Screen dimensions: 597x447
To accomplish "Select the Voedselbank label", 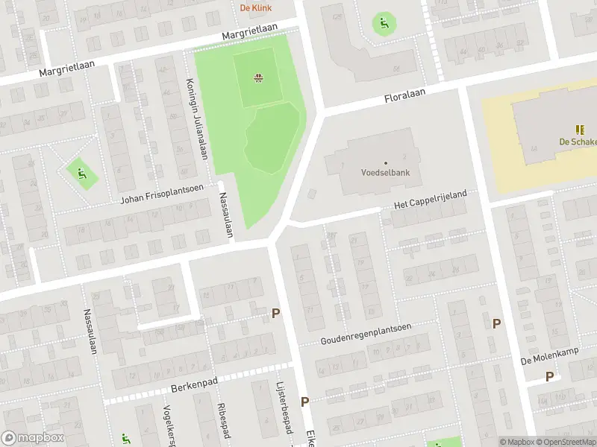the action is click(386, 173).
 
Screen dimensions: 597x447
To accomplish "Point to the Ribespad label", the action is click(222, 421).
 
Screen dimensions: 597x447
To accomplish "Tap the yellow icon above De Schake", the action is click(581, 130).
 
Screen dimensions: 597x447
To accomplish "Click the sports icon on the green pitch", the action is click(258, 77).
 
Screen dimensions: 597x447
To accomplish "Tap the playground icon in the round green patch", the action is click(385, 23).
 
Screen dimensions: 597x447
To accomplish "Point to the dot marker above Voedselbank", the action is click(386, 162).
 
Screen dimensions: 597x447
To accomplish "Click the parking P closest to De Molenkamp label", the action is click(550, 377).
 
